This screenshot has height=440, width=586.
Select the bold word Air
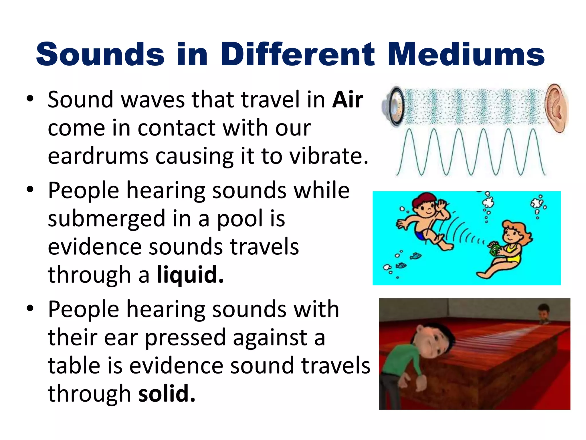(x=348, y=100)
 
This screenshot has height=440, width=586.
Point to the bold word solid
(x=167, y=394)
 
